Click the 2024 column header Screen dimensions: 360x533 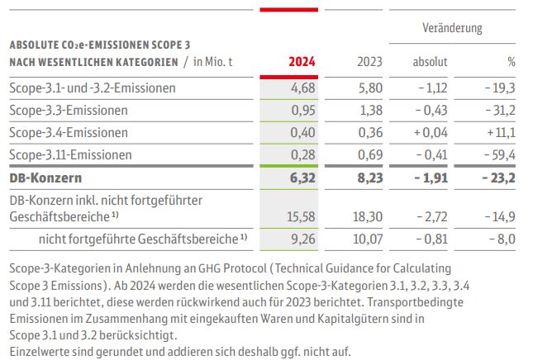pyautogui.click(x=302, y=61)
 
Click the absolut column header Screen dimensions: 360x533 pyautogui.click(x=430, y=61)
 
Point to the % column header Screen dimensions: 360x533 pyautogui.click(x=511, y=61)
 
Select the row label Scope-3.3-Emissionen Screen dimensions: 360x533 pyautogui.click(x=69, y=110)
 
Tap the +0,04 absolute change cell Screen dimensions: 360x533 pyautogui.click(x=428, y=132)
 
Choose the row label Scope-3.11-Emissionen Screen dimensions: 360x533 pyautogui.click(x=71, y=154)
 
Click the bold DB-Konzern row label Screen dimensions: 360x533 pyautogui.click(x=46, y=178)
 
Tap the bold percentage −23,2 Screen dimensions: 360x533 pyautogui.click(x=497, y=178)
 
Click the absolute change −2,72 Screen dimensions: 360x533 pyautogui.click(x=431, y=216)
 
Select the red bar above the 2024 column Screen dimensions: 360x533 pyautogui.click(x=294, y=10)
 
